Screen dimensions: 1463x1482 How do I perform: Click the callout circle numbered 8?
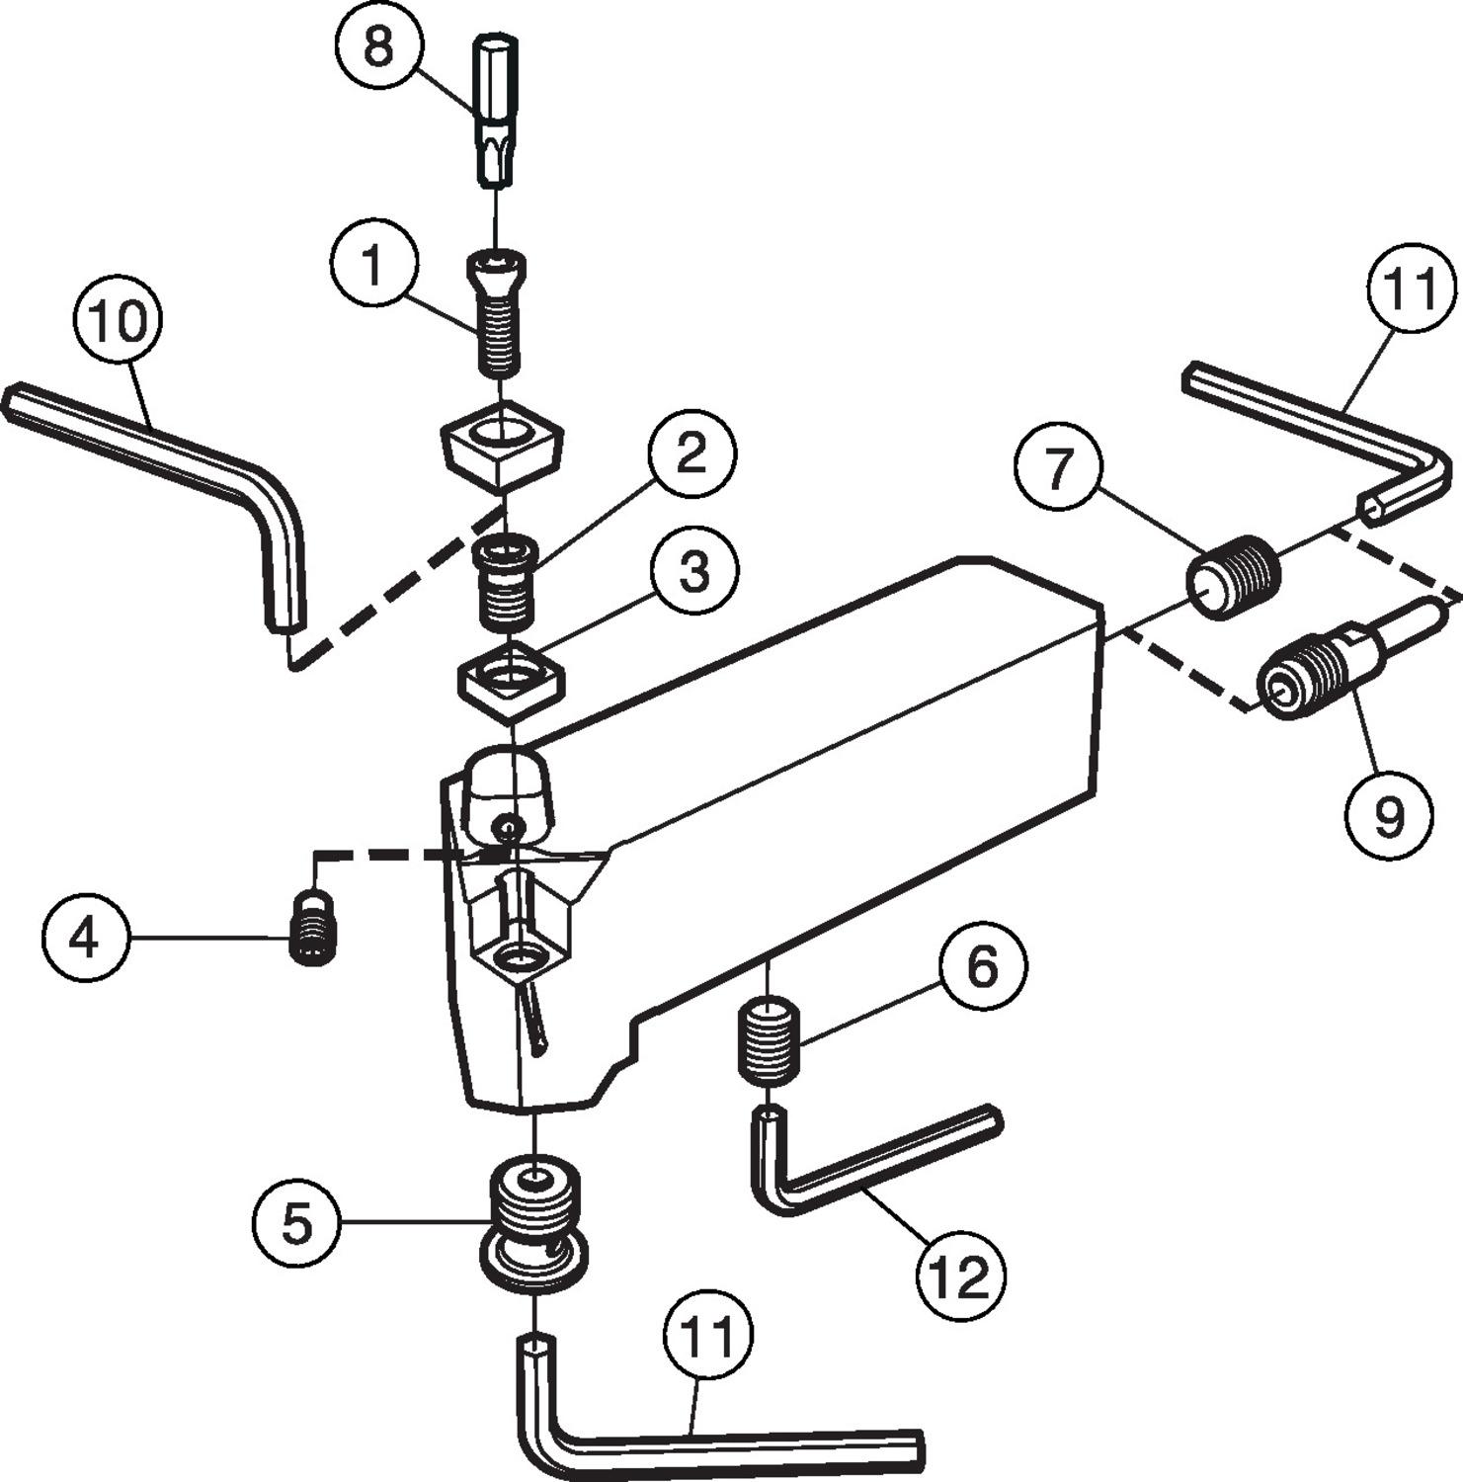tap(378, 45)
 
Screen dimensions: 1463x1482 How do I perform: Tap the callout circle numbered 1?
tap(373, 265)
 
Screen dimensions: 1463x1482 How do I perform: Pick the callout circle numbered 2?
tap(691, 453)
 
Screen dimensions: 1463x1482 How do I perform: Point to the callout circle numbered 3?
tap(693, 571)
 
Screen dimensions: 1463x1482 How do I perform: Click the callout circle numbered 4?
tap(86, 937)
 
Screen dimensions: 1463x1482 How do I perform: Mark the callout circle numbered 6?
tap(982, 966)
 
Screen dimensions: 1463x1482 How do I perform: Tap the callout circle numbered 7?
tap(1059, 468)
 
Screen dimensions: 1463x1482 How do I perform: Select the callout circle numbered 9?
tap(1389, 816)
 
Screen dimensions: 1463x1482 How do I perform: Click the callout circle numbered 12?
tap(960, 1277)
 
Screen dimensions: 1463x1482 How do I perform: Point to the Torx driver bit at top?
tap(495, 110)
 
